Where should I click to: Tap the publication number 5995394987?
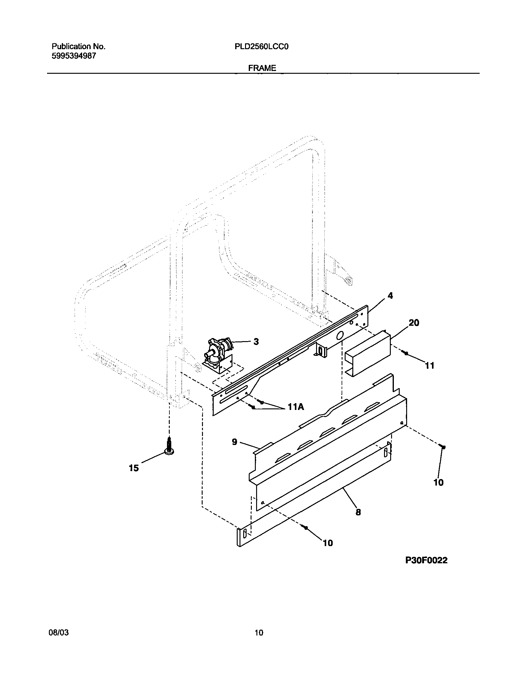tap(74, 56)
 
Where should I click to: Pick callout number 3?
tap(256, 342)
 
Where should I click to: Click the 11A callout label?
tap(295, 407)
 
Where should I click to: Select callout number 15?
tap(134, 468)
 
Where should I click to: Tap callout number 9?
tap(235, 442)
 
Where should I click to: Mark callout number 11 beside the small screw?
tap(430, 366)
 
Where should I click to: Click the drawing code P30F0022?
tap(426, 560)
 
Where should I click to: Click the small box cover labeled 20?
tap(367, 355)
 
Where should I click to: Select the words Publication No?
tap(78, 47)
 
